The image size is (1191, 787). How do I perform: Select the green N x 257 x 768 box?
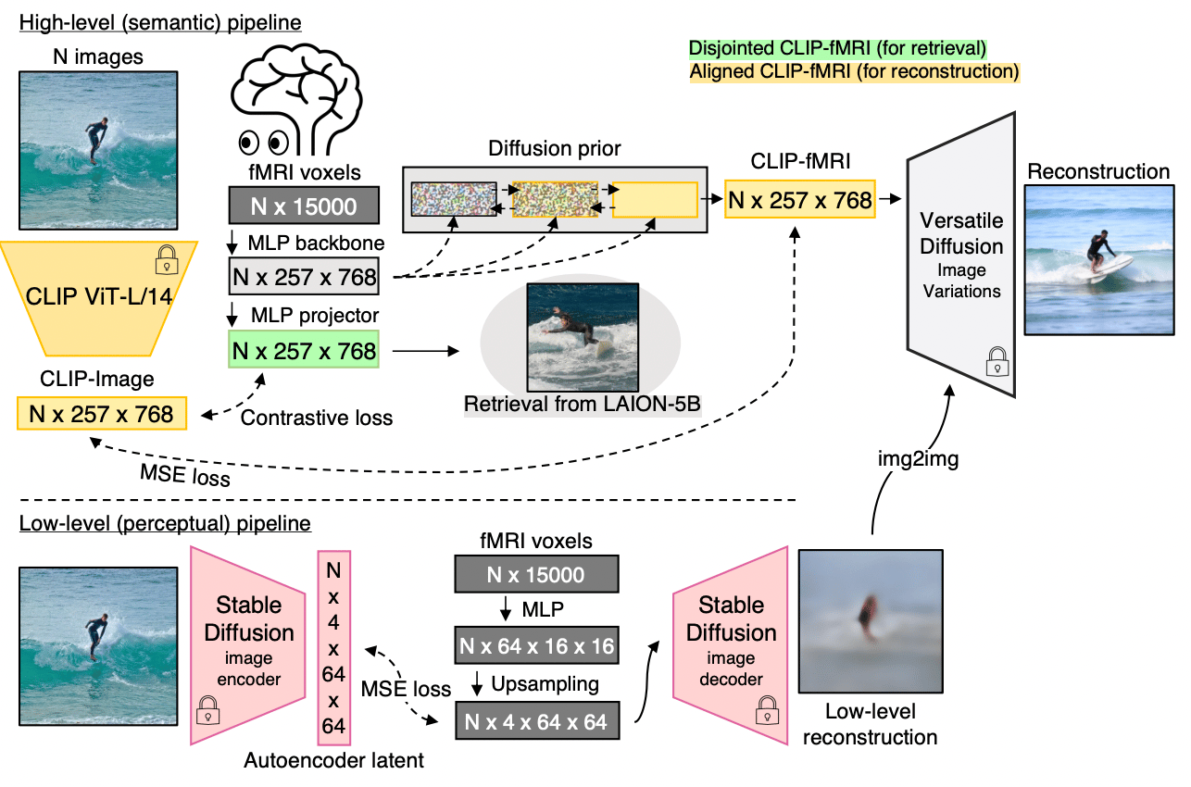pyautogui.click(x=305, y=351)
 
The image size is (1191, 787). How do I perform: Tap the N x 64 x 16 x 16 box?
pyautogui.click(x=536, y=645)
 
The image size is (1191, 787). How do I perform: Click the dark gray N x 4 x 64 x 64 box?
pyautogui.click(x=536, y=720)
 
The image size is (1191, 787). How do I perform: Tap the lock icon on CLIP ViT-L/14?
pyautogui.click(x=168, y=258)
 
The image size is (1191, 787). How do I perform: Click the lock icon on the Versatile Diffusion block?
pyautogui.click(x=996, y=360)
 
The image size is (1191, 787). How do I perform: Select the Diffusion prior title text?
pyautogui.click(x=554, y=149)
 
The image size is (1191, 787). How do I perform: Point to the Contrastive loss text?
pyautogui.click(x=317, y=418)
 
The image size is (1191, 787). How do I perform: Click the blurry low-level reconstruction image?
pyautogui.click(x=870, y=622)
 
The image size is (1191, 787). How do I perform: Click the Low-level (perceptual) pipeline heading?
pyautogui.click(x=165, y=524)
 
